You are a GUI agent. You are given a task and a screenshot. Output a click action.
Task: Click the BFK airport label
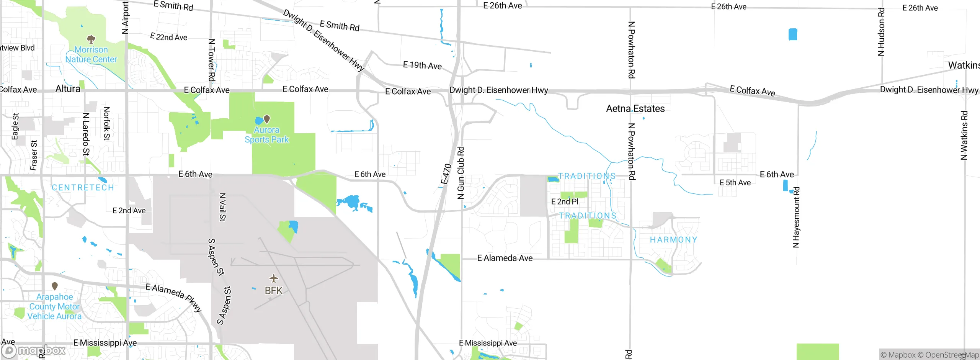pos(273,291)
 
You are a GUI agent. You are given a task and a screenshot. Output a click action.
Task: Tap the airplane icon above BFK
pos(273,278)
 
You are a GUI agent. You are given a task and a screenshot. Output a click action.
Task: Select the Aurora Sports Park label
pos(267,135)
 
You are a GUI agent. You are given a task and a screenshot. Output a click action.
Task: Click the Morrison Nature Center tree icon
pos(91,39)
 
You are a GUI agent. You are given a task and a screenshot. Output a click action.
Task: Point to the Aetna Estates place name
pos(635,109)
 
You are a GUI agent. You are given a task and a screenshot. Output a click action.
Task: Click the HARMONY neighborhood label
pos(673,240)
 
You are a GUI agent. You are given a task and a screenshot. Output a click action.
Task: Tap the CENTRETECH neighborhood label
pos(83,188)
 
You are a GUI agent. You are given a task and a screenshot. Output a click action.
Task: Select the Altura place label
pos(68,89)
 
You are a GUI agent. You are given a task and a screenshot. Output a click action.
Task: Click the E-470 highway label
pos(446,174)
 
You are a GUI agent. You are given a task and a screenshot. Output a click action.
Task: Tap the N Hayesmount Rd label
pos(796,217)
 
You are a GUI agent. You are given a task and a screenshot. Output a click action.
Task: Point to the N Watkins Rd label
pos(964,135)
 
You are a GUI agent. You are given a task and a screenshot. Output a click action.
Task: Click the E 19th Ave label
pos(422,65)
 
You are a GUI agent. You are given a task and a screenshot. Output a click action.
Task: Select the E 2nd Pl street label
pos(565,201)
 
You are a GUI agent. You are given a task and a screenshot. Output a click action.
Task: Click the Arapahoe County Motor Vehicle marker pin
pos(55,286)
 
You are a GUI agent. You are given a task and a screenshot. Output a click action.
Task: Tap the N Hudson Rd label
pos(881,32)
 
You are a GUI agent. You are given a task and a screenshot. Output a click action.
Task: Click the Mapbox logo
pos(34,350)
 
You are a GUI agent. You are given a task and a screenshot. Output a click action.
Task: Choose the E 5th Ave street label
pos(735,183)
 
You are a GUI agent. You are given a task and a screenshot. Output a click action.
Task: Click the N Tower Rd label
pos(212,60)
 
